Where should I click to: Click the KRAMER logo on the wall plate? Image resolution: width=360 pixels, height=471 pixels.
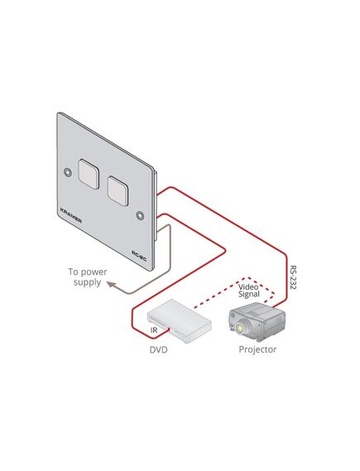(71, 215)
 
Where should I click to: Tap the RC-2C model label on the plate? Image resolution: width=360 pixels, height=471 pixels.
(139, 256)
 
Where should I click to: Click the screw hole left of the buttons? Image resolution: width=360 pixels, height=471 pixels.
(68, 172)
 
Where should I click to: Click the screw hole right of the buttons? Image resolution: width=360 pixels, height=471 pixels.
(140, 215)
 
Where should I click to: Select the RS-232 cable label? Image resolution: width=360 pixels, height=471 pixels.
(293, 277)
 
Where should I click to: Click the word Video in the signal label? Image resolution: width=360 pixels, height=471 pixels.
(248, 286)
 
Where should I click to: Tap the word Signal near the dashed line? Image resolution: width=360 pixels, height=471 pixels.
(249, 294)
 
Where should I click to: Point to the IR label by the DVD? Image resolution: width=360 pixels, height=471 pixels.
(154, 329)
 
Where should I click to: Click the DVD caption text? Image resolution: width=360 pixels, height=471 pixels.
(158, 349)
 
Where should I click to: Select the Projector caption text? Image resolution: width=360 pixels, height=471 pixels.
(257, 349)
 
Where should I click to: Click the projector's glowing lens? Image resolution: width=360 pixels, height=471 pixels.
(240, 328)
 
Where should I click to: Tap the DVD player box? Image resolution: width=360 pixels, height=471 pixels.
(180, 320)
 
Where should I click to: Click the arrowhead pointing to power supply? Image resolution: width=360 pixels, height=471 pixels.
(111, 285)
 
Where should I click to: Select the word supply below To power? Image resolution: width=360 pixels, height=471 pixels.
(87, 283)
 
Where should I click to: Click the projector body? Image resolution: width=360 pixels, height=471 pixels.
(257, 322)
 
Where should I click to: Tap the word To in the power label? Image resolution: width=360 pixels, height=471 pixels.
(73, 272)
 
